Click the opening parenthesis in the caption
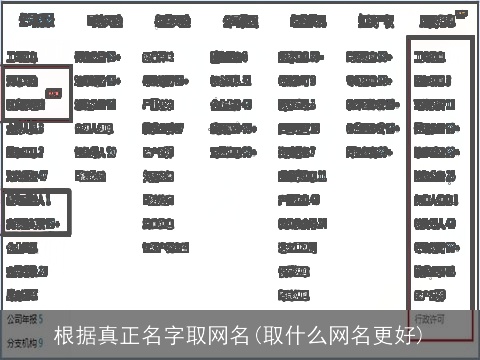pos(256,334)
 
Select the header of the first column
pos(37,20)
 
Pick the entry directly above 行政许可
pos(429,294)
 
